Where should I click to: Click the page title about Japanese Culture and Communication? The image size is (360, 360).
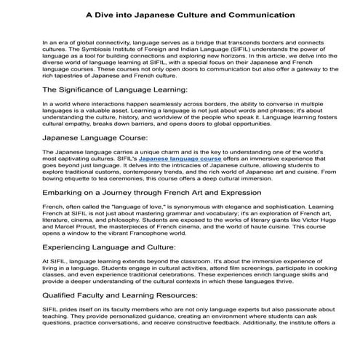pyautogui.click(x=180, y=14)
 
